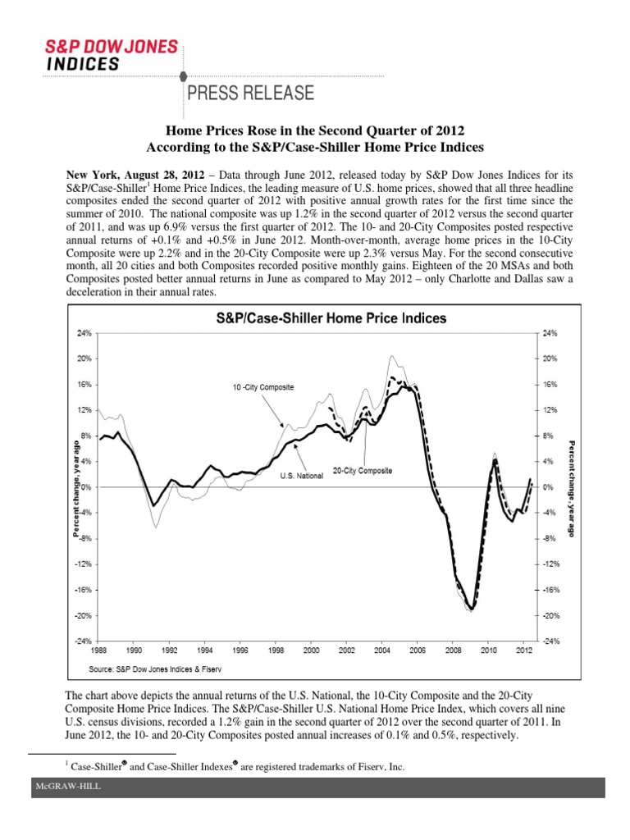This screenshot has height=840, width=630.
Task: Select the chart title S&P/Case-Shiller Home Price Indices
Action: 331,317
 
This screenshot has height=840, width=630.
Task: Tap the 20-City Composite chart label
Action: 362,471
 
